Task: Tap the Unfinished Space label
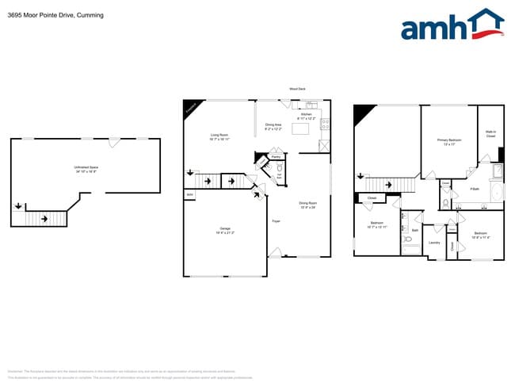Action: [86, 169]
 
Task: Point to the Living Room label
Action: [219, 136]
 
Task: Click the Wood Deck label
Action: [297, 90]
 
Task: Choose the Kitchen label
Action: [306, 116]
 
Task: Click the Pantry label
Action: [276, 157]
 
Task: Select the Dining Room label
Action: [307, 205]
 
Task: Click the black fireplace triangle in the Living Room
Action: [190, 108]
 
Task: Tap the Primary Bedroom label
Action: [449, 142]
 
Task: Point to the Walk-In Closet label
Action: [490, 135]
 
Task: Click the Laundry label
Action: [434, 243]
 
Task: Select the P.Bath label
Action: [475, 189]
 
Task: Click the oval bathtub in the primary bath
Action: [497, 193]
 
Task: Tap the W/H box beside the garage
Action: [189, 194]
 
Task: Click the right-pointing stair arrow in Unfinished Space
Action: [44, 217]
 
